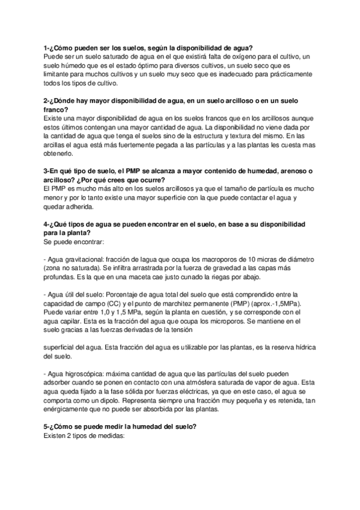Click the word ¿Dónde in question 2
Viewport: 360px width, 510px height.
[65, 101]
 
